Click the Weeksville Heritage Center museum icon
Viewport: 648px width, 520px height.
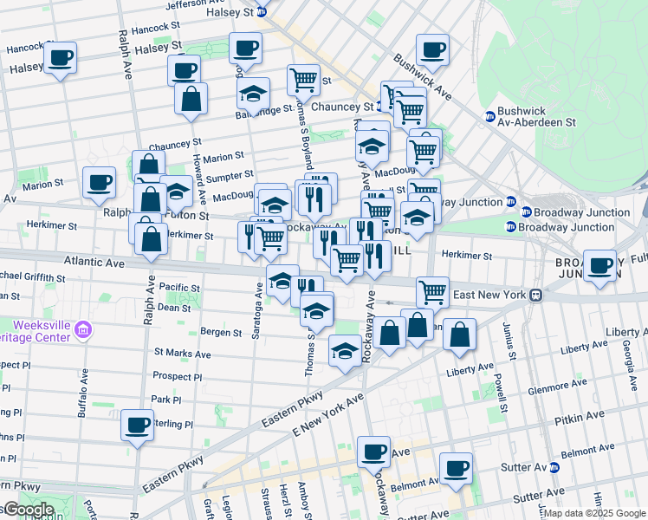point(83,328)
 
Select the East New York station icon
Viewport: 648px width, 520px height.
point(537,295)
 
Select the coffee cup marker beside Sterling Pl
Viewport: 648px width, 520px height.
point(137,426)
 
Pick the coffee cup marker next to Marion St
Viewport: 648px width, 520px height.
point(99,183)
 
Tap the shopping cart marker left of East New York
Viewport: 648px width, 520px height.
point(431,293)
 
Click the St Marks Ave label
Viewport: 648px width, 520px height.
point(182,354)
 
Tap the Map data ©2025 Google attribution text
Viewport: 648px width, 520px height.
point(594,513)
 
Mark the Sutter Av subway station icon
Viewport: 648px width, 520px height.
point(554,467)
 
